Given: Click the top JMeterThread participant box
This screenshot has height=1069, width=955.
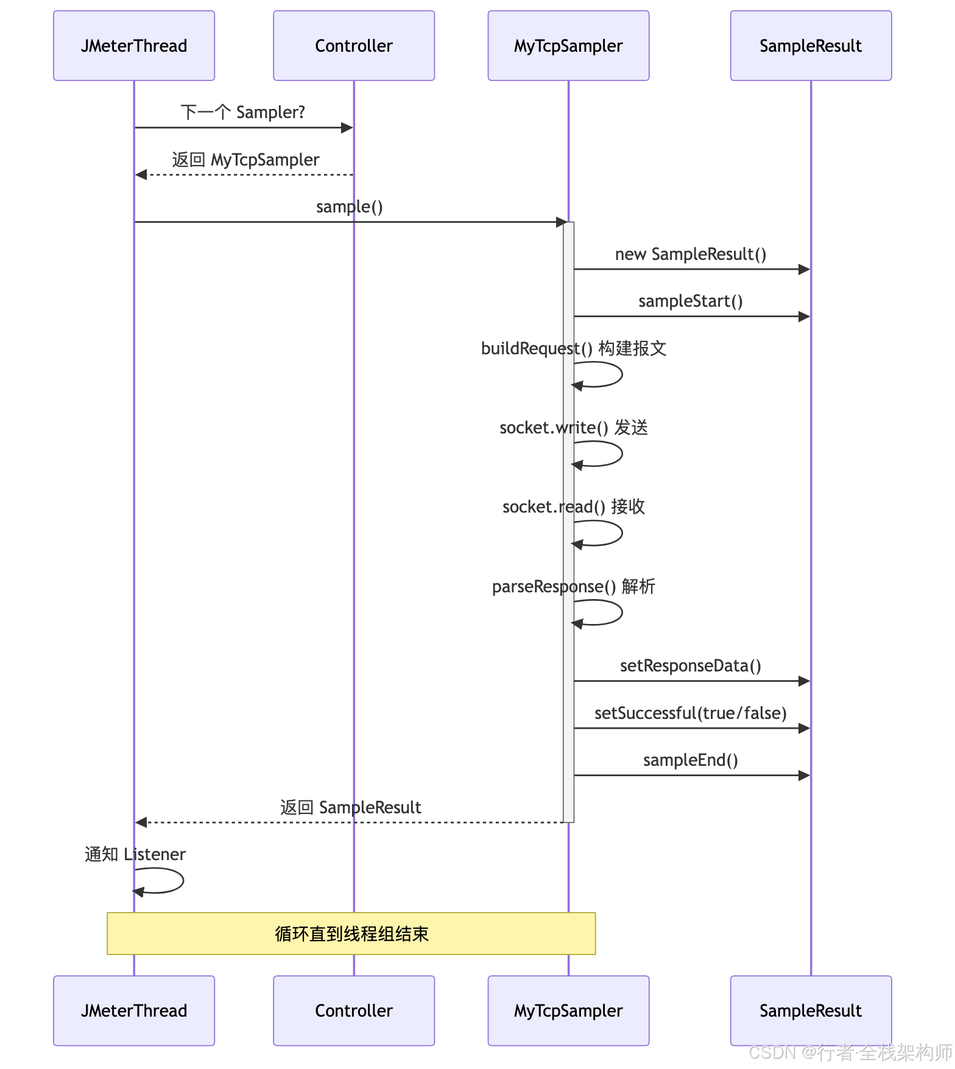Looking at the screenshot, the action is click(x=134, y=46).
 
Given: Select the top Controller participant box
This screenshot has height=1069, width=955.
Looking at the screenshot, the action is click(x=354, y=46).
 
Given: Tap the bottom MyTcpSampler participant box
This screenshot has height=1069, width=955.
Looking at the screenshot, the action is click(x=568, y=1011).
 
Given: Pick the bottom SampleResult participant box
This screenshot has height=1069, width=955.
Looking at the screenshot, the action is click(x=811, y=1011).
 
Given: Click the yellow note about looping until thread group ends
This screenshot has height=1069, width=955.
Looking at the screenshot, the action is click(x=351, y=933).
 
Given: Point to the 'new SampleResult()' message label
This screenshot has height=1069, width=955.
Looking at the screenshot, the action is click(x=691, y=254).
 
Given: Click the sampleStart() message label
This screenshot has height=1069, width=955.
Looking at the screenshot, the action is click(x=691, y=301).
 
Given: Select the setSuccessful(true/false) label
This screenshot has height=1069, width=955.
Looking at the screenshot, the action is click(x=691, y=713).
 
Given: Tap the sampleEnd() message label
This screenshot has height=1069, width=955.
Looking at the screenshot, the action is click(x=691, y=760).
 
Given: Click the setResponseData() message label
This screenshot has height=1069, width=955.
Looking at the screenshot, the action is click(x=691, y=665).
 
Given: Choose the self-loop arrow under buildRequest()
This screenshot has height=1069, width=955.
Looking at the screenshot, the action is click(x=622, y=374).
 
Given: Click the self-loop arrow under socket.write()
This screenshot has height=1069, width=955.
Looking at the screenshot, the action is click(x=622, y=454).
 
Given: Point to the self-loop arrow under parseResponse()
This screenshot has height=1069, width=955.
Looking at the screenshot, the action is click(x=622, y=612).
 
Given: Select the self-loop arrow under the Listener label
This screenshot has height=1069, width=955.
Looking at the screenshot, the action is click(x=183, y=880).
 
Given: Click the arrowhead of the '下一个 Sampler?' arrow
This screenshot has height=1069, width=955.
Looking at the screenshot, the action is click(x=347, y=128).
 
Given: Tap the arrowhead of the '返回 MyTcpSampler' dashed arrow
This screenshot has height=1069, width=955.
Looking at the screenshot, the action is click(x=141, y=175).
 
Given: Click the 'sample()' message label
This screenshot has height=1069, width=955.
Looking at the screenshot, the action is click(x=350, y=207).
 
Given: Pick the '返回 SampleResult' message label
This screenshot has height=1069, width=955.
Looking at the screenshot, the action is click(x=351, y=807).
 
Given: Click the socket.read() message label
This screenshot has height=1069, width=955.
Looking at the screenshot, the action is click(x=574, y=506).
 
